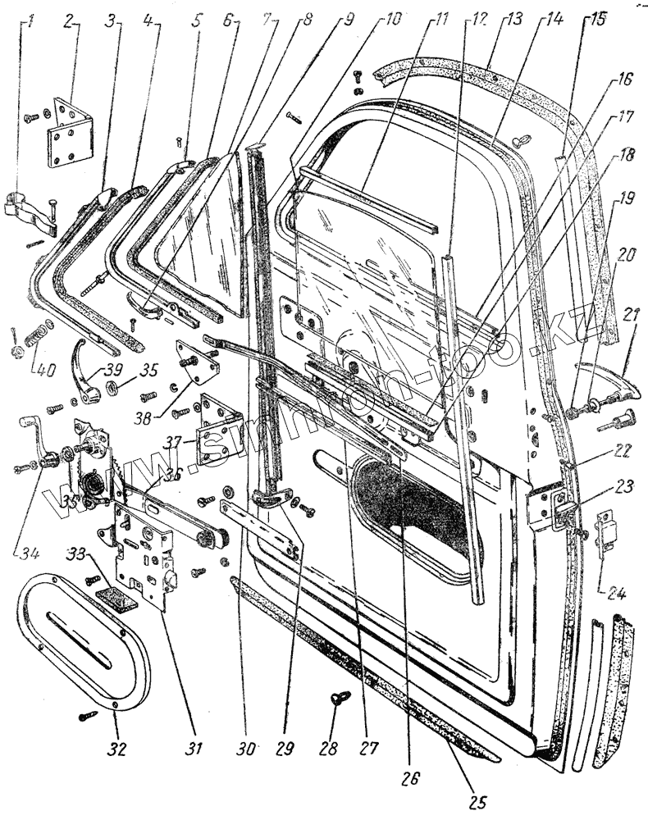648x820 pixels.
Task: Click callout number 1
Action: point(30,18)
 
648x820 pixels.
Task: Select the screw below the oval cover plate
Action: point(89,715)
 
